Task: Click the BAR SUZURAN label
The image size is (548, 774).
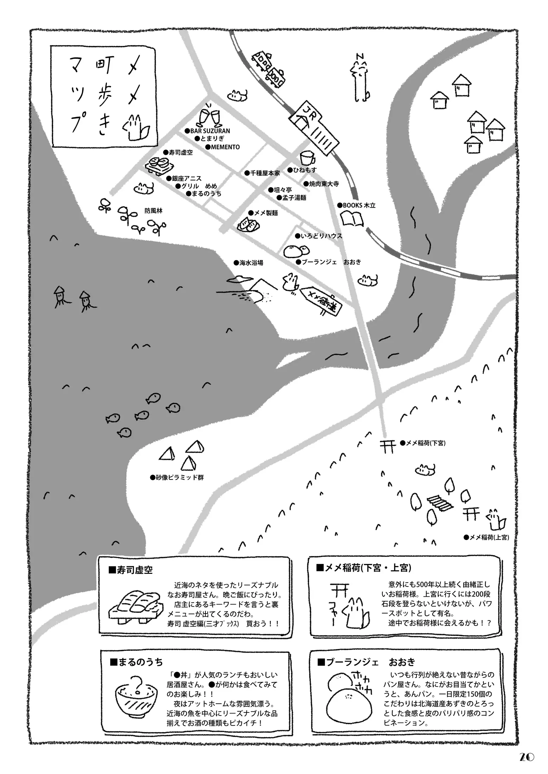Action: [208, 131]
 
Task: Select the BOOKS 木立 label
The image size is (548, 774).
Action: [357, 205]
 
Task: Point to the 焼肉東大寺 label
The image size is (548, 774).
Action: [321, 184]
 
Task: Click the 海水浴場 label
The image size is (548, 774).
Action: [249, 263]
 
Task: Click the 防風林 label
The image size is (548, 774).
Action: [153, 211]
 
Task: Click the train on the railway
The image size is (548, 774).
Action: [269, 68]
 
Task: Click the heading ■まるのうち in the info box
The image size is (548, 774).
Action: [136, 662]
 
